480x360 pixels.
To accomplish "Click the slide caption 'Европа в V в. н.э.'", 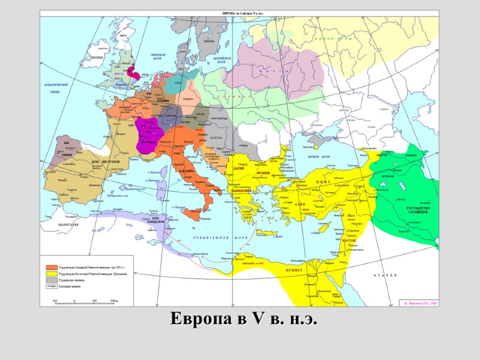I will click(x=243, y=319).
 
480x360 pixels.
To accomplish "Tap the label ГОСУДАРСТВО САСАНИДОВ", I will click(x=410, y=210).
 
